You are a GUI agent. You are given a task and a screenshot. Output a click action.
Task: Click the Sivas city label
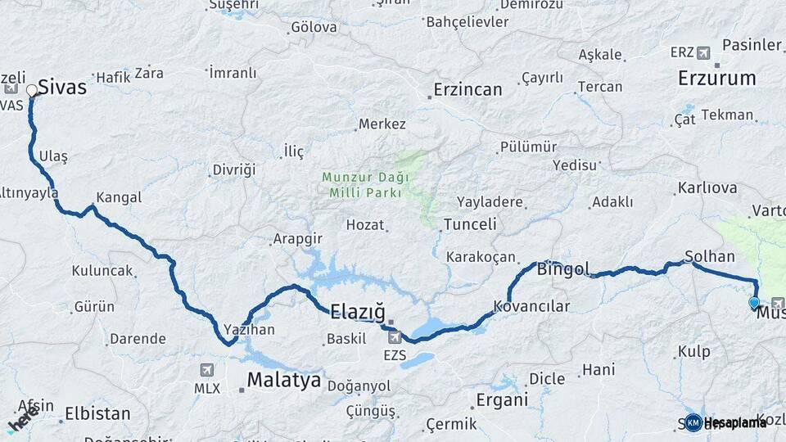62,87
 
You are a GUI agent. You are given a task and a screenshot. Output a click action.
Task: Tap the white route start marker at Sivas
32,90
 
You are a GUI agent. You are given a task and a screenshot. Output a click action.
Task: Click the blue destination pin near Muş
754,303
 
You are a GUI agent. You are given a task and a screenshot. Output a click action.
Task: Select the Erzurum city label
716,79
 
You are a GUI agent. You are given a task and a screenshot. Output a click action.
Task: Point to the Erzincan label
468,89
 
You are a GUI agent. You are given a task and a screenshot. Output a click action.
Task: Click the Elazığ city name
357,311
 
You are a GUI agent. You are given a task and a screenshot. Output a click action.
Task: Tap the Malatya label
283,380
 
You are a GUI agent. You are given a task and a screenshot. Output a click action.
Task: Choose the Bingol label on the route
562,269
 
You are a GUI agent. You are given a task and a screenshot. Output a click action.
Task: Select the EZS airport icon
395,337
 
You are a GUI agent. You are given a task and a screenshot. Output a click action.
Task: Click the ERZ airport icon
702,53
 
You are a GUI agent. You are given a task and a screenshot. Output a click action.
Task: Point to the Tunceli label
470,224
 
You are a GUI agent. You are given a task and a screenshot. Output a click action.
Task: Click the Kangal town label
119,197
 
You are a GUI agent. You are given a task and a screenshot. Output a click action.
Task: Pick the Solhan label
710,256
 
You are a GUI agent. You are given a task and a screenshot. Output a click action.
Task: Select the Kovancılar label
531,306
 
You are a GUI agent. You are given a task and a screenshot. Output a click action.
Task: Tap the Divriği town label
234,170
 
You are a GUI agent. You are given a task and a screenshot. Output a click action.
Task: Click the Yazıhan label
249,329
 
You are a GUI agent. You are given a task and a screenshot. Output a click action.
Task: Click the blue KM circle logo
693,422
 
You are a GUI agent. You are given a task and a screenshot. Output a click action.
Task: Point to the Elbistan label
97,413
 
